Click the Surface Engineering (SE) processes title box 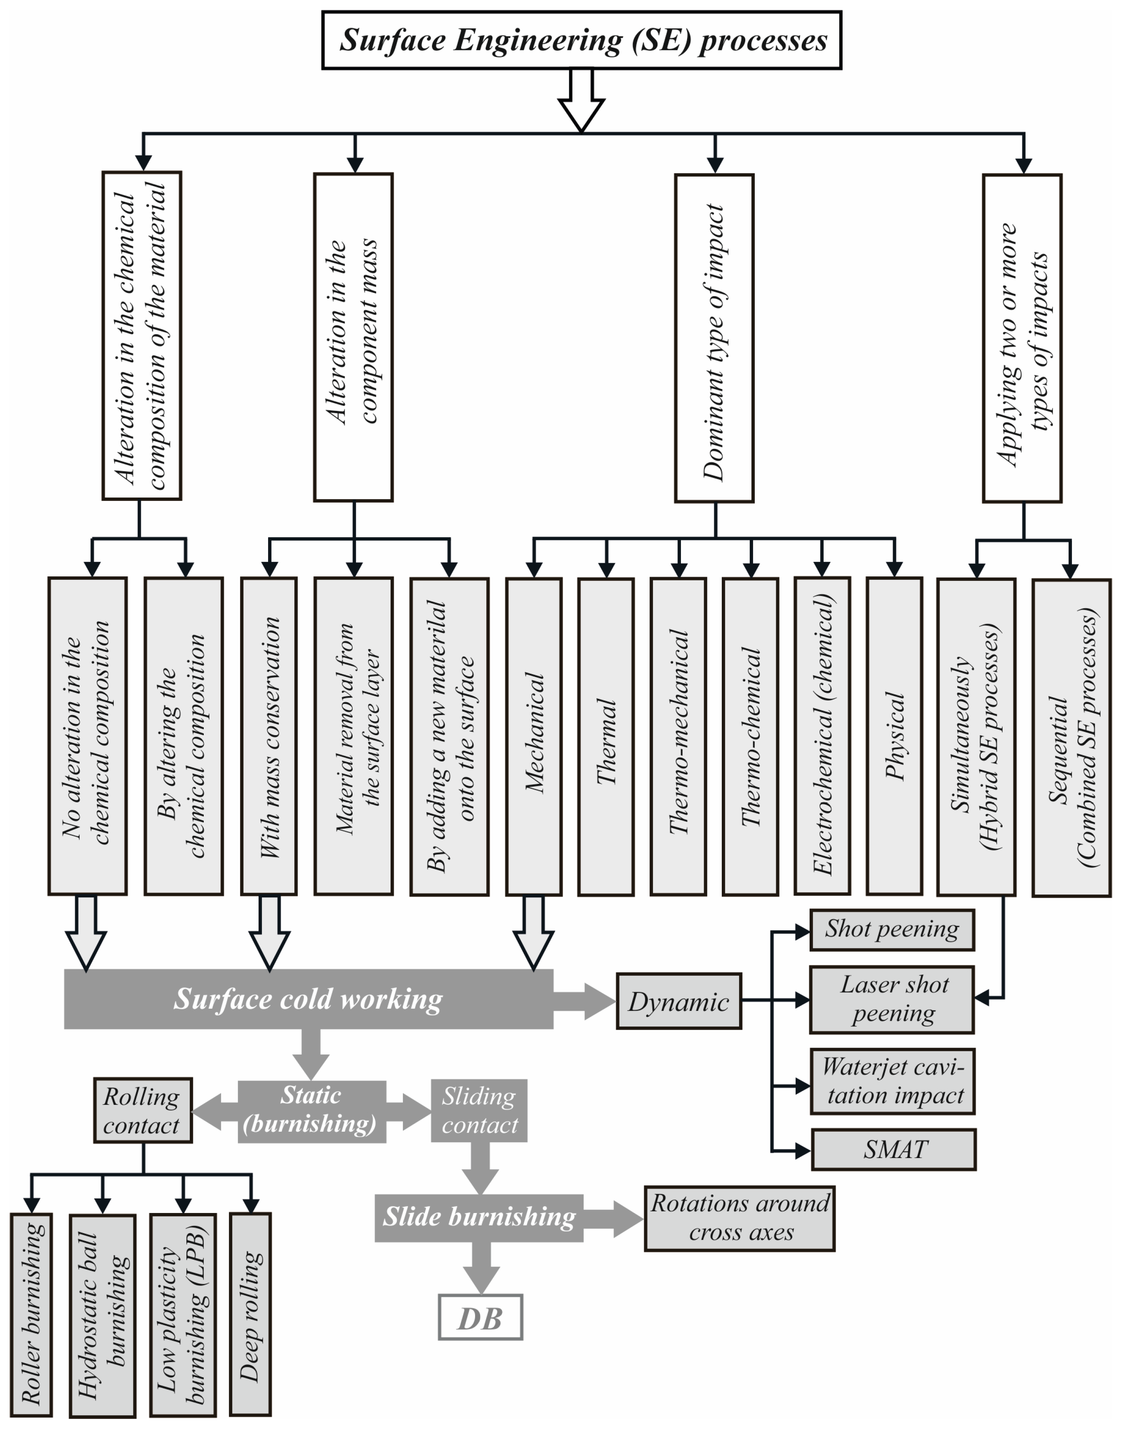pos(581,40)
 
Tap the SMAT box pos(894,1150)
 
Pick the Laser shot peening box pos(892,999)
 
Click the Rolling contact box pos(143,1110)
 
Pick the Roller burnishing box pos(32,1314)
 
